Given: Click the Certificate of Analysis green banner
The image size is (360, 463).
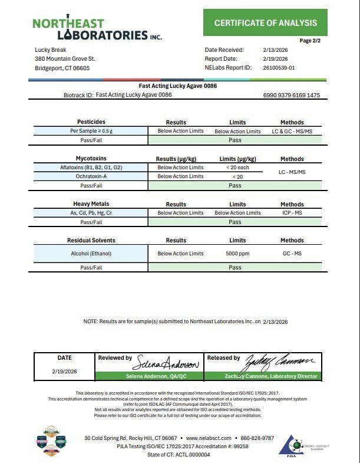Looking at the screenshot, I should click(265, 23).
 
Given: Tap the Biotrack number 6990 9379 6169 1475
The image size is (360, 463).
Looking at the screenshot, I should click(292, 95).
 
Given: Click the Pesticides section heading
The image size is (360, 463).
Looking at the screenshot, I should click(91, 122).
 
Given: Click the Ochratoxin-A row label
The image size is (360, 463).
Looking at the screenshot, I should click(91, 176).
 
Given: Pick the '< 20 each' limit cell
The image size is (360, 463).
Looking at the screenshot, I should click(237, 168).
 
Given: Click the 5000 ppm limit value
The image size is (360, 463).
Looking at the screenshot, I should click(237, 254).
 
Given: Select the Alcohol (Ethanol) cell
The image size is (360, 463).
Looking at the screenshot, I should click(91, 254).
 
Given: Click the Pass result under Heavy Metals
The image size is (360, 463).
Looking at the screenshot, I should click(235, 222).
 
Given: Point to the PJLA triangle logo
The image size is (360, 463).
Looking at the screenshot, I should click(290, 445).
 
